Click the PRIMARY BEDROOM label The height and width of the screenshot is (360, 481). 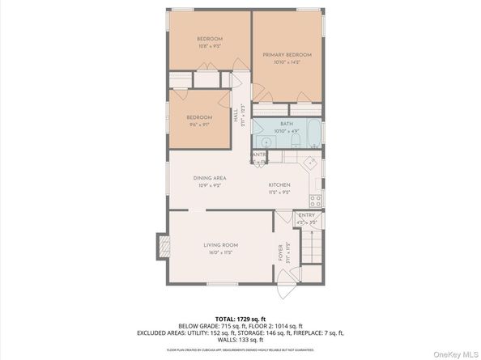287,55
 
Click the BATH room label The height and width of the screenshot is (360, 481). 287,124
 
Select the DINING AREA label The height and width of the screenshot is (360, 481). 209,178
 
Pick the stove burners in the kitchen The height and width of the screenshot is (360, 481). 315,200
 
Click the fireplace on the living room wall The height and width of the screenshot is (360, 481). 162,245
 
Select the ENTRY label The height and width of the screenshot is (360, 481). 306,215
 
